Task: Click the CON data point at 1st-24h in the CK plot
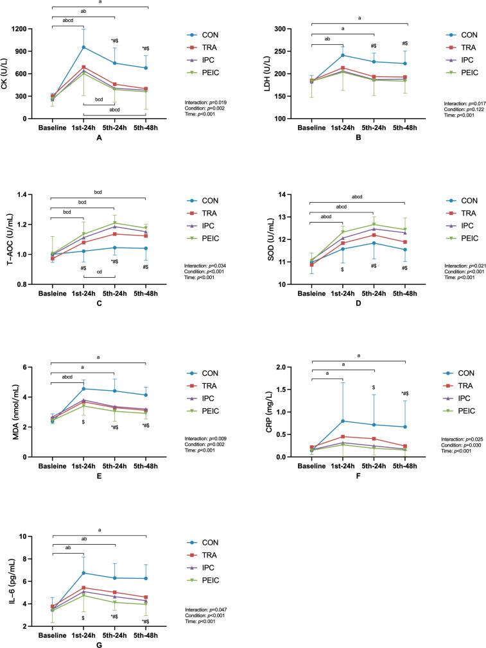83,47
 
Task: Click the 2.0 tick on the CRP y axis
294,367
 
